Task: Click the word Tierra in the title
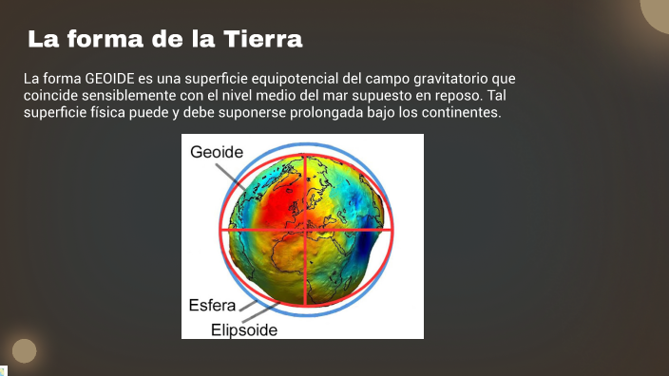[262, 40]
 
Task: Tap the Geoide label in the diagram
[217, 152]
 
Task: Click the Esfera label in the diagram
[212, 306]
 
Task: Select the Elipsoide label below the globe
[244, 329]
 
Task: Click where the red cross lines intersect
[305, 230]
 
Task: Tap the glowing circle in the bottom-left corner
[24, 351]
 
